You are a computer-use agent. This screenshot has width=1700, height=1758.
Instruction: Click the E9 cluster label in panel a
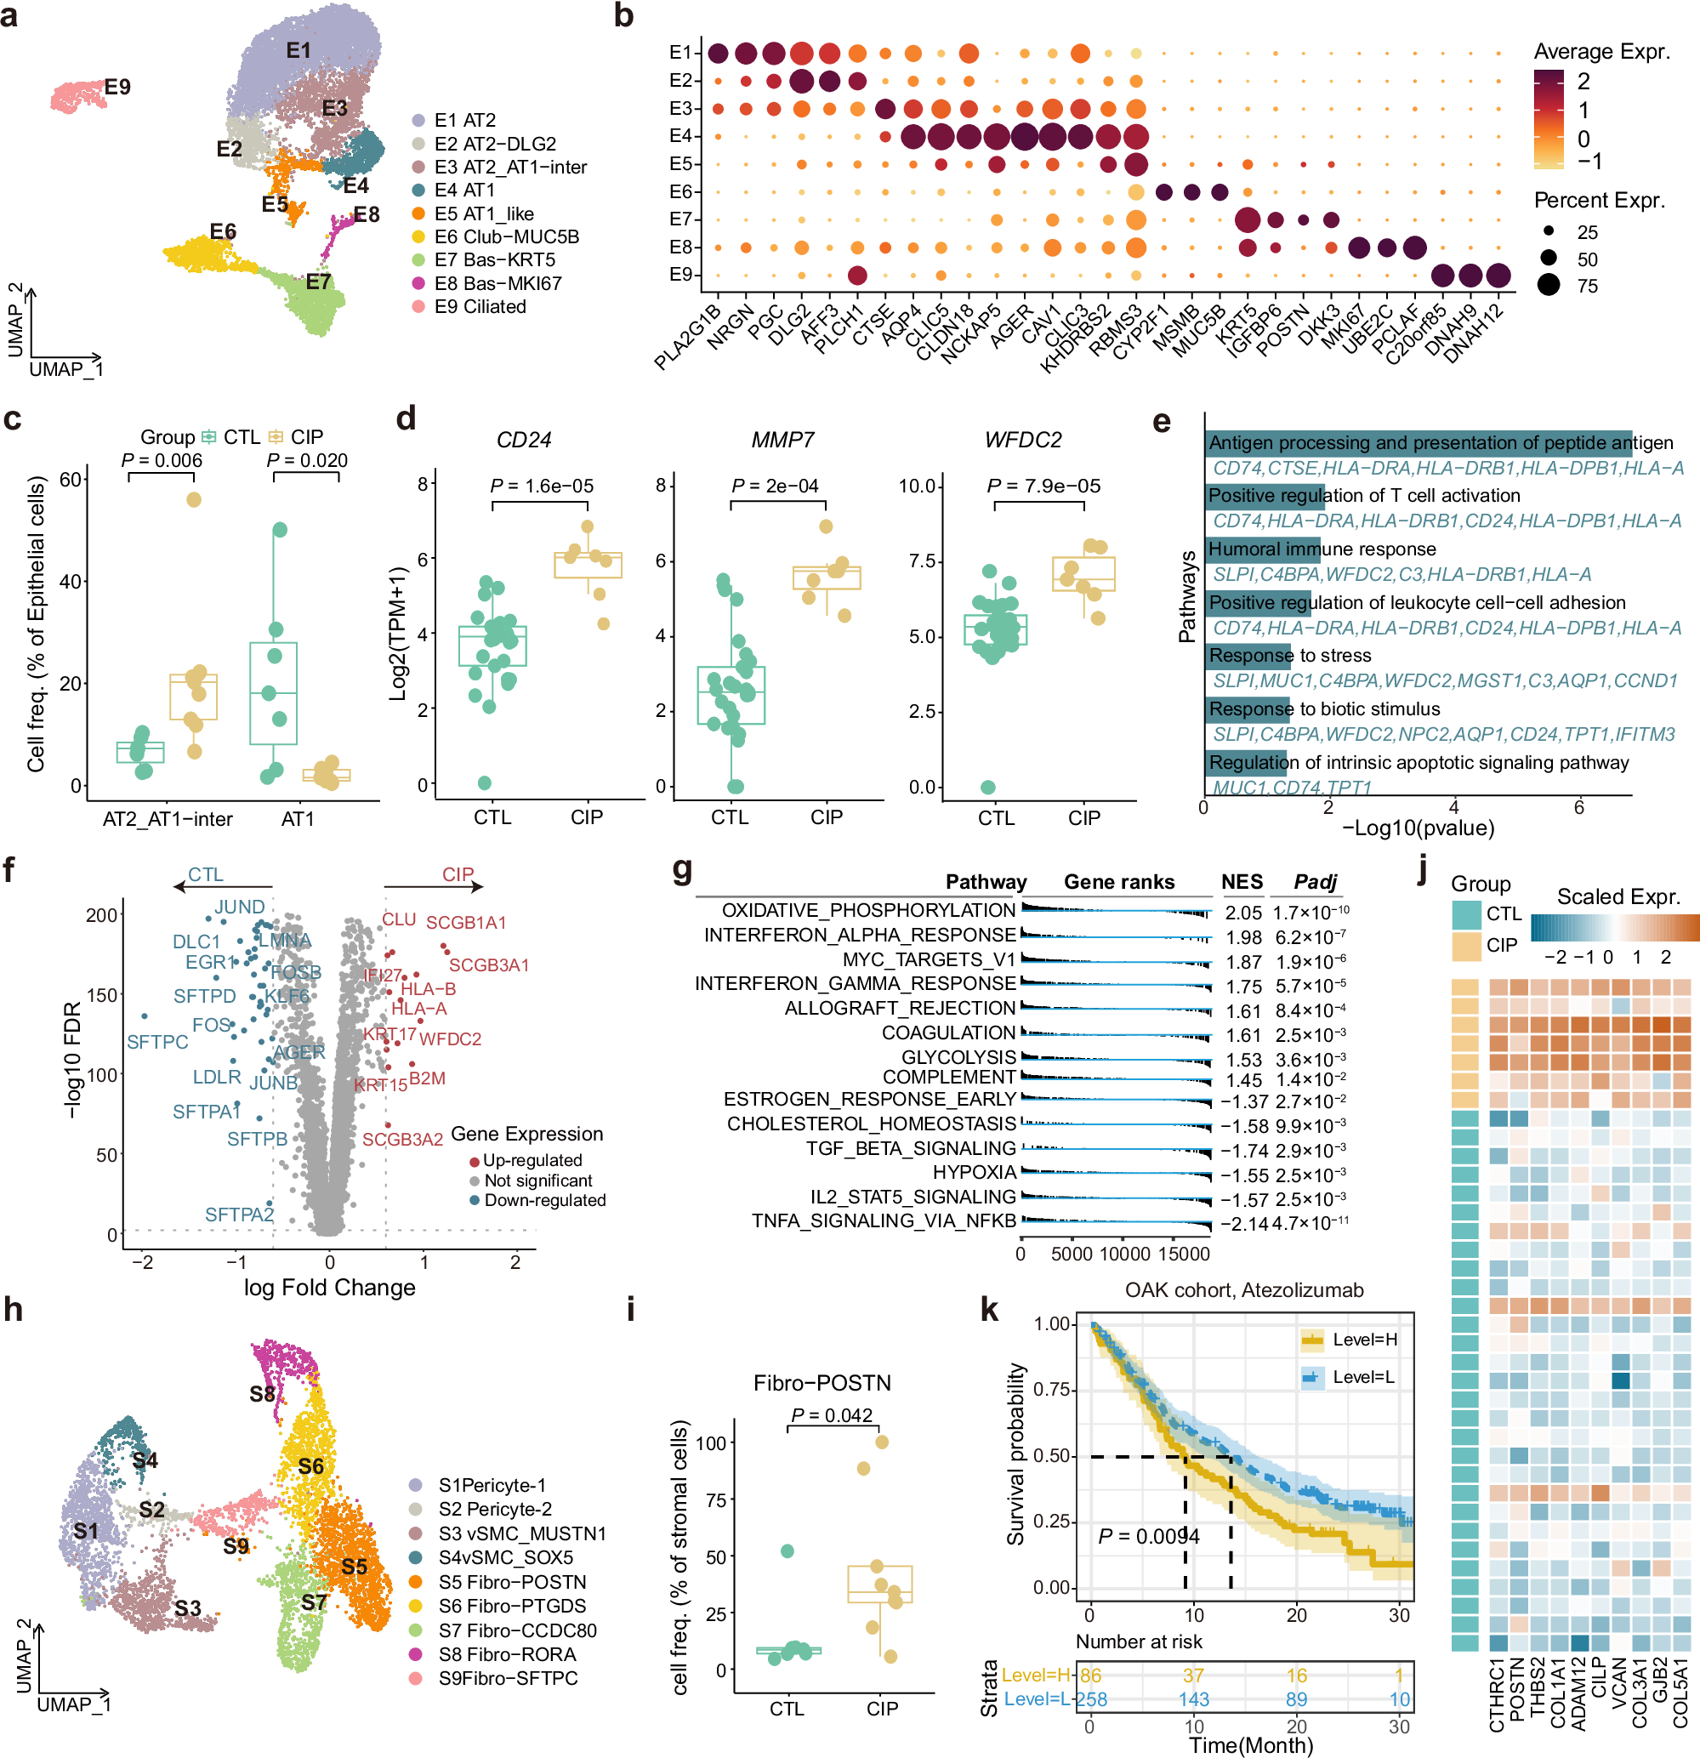(x=117, y=87)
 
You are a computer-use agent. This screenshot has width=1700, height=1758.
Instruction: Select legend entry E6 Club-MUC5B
(x=507, y=236)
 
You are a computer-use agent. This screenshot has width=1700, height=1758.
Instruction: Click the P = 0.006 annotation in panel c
(x=162, y=460)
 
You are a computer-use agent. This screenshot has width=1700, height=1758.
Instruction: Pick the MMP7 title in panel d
(x=782, y=440)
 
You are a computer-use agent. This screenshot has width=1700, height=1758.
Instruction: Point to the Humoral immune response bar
(x=1261, y=549)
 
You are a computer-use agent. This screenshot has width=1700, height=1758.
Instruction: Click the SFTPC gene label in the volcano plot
(x=157, y=1041)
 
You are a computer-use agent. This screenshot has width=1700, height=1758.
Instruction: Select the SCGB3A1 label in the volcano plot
(x=489, y=965)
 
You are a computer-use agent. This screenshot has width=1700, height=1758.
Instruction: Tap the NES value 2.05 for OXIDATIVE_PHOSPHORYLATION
(x=1243, y=913)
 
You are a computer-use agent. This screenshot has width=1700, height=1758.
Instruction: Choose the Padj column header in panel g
(x=1315, y=882)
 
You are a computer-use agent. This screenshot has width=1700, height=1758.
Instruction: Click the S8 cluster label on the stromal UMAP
(x=262, y=1394)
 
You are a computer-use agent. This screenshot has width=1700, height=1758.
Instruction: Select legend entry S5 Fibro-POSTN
(x=511, y=1582)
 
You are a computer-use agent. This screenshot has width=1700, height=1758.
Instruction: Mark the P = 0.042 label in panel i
(x=831, y=1415)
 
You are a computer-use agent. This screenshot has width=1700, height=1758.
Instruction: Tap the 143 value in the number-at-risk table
(x=1193, y=1699)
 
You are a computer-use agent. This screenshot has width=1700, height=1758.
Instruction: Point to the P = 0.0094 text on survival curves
(x=1149, y=1537)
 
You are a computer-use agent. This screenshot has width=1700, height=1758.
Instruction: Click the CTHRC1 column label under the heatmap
(x=1497, y=1695)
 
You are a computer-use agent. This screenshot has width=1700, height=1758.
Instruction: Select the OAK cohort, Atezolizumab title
(x=1243, y=1290)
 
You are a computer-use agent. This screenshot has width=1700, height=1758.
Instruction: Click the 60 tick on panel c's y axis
(x=71, y=479)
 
